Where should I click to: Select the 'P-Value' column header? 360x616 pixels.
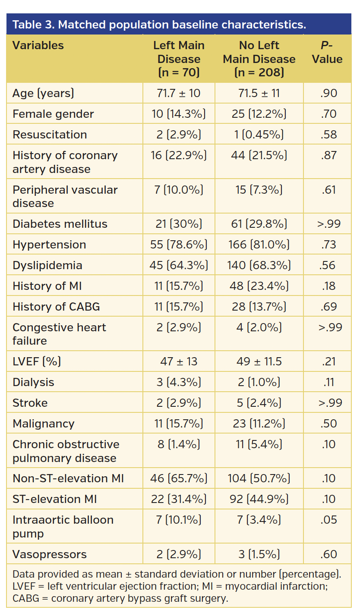click(x=327, y=52)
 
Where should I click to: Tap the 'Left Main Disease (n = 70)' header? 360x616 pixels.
click(x=179, y=59)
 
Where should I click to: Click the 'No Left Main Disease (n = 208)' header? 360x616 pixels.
click(x=259, y=59)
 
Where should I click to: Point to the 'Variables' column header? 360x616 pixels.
click(x=38, y=45)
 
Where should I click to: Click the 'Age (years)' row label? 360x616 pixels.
click(x=43, y=93)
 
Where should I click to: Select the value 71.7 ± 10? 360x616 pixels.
click(x=179, y=93)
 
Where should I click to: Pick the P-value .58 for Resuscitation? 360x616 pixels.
click(x=328, y=135)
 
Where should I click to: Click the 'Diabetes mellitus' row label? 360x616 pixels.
click(x=60, y=224)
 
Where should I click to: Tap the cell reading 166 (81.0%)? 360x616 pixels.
click(x=259, y=245)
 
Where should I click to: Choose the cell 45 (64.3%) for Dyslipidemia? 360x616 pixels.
click(x=179, y=265)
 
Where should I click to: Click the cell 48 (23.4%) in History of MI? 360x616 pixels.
click(x=259, y=286)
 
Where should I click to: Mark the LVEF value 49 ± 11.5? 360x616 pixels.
click(x=259, y=361)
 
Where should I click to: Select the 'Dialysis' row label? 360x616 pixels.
click(x=33, y=382)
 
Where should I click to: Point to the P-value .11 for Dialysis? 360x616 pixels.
click(x=328, y=382)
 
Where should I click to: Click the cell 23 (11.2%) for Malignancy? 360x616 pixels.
click(x=259, y=424)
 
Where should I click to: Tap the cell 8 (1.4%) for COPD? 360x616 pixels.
click(x=179, y=444)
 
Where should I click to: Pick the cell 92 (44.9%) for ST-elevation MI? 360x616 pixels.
click(x=259, y=499)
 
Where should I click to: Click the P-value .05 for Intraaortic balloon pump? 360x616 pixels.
click(x=328, y=520)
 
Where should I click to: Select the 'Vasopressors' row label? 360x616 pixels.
click(x=50, y=554)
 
